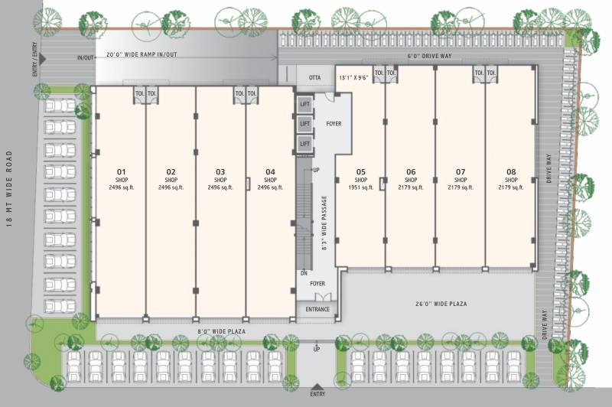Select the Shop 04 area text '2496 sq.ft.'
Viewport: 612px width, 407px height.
[x=270, y=187]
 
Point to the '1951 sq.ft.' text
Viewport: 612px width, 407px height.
[x=361, y=187]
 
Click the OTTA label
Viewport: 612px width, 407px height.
[x=314, y=77]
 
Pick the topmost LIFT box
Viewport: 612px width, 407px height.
[x=305, y=103]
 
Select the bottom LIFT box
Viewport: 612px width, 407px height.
[x=305, y=143]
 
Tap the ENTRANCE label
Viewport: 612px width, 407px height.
[x=317, y=309]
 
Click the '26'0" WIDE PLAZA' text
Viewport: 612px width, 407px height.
[x=442, y=304]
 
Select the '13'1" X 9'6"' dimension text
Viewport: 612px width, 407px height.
[x=354, y=77]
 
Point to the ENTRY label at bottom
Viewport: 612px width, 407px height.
[x=317, y=394]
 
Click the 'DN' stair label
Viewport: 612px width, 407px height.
[x=304, y=272]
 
